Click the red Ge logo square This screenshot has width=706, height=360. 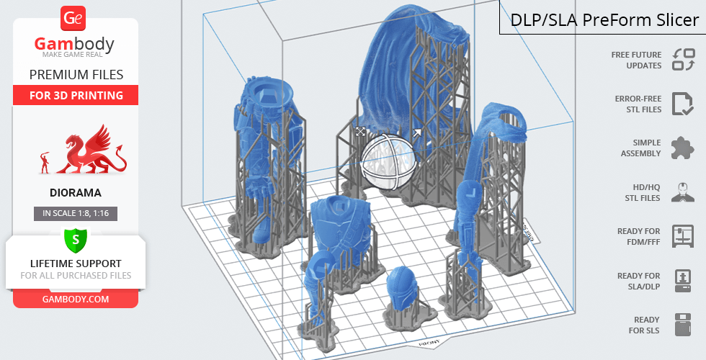73,19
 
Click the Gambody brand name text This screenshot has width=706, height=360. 74,44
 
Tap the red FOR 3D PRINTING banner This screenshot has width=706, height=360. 76,95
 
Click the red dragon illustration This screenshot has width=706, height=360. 92,150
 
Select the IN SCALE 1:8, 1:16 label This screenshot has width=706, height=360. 76,213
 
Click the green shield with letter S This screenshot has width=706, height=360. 75,240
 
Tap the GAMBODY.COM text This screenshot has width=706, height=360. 76,300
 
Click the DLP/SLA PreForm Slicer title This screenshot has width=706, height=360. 604,20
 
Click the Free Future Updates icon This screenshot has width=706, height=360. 684,60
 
